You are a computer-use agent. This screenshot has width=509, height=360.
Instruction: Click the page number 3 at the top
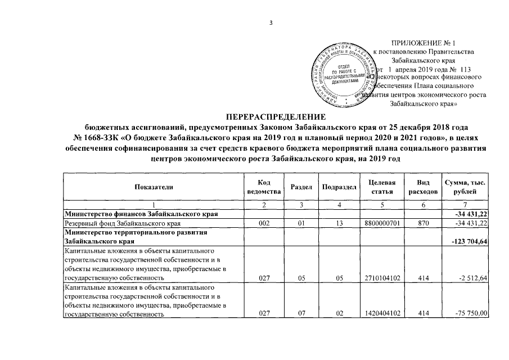point(271,23)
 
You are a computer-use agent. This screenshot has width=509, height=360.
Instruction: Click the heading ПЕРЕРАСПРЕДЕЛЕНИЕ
point(276,116)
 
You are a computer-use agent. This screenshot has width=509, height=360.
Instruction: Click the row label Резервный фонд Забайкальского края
point(109,224)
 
